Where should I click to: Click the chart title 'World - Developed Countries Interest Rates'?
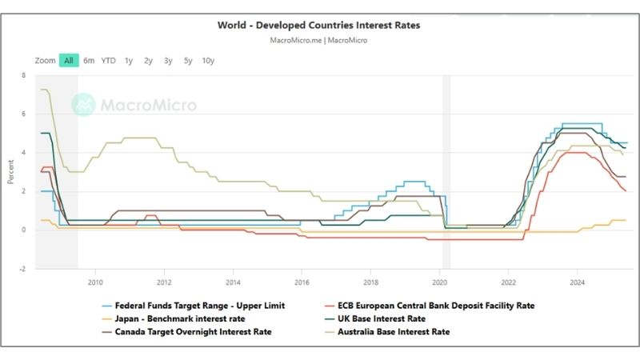[x=318, y=25]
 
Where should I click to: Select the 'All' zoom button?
[x=69, y=61]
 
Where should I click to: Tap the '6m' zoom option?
[x=89, y=61]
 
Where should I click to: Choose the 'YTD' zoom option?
[x=108, y=61]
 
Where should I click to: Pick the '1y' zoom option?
[x=129, y=61]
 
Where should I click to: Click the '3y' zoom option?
[x=168, y=61]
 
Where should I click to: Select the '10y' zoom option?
[x=208, y=61]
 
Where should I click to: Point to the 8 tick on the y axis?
[x=24, y=76]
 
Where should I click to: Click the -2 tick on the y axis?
[x=22, y=269]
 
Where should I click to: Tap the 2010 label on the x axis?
[x=95, y=282]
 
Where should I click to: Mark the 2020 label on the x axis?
[x=440, y=282]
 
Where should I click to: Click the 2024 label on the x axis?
[x=578, y=282]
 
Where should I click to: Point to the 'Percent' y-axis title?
[x=11, y=171]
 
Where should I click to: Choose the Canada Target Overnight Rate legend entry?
[x=193, y=331]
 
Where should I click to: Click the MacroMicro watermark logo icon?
[x=83, y=104]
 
